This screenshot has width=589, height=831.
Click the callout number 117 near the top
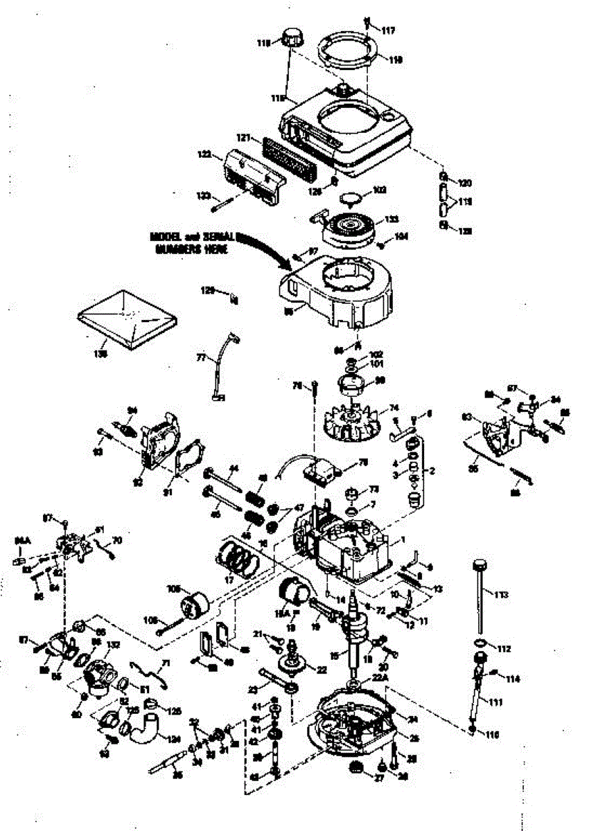(387, 30)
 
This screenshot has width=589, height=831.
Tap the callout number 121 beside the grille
(242, 138)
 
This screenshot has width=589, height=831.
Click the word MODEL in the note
(164, 237)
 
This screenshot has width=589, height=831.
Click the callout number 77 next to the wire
(201, 358)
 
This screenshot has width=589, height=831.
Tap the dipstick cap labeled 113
(477, 568)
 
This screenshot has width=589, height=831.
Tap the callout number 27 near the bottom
(359, 778)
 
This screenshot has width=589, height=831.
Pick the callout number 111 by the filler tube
(495, 702)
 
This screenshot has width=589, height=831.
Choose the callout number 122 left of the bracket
(204, 155)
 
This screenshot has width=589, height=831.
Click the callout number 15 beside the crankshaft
(334, 655)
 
